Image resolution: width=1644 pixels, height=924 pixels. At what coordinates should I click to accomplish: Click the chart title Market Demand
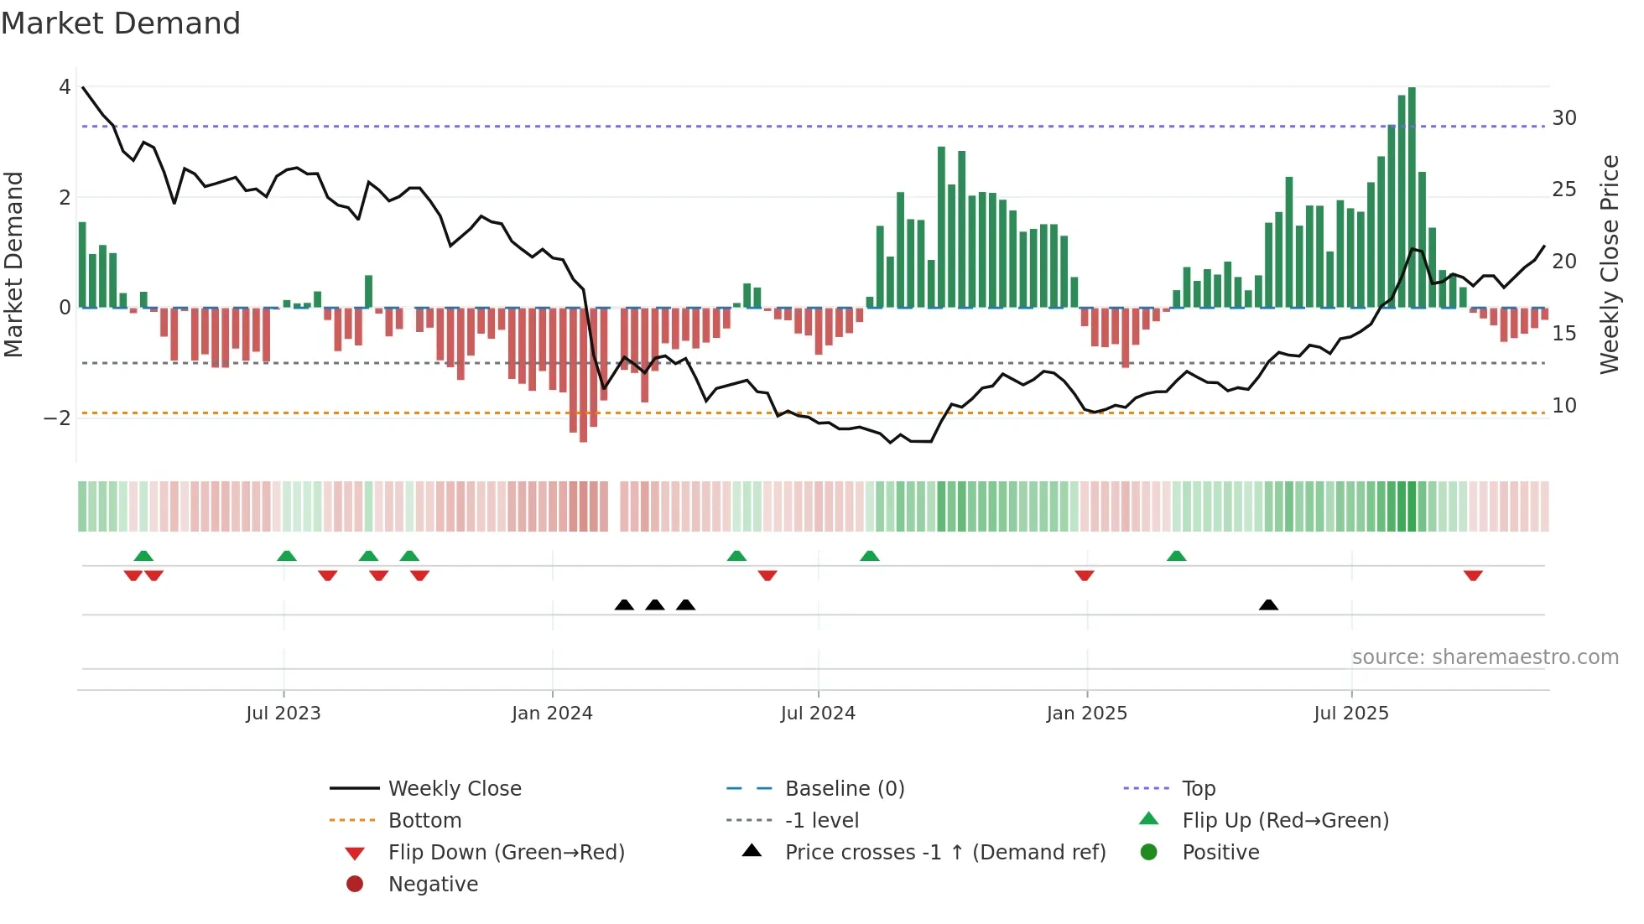coord(121,23)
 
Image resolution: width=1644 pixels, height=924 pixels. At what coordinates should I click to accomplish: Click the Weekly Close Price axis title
coord(1609,264)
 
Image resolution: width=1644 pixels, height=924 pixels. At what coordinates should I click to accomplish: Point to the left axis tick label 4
coord(65,87)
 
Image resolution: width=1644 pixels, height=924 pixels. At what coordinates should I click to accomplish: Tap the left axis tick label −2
coord(58,418)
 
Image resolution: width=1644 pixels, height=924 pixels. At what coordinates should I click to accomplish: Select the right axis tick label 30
coord(1563,118)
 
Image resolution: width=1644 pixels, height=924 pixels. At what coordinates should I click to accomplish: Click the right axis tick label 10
coord(1563,406)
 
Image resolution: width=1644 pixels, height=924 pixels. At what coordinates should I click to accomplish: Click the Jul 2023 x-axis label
coord(284,714)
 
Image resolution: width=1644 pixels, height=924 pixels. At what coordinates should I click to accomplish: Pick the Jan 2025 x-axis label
coord(1087,714)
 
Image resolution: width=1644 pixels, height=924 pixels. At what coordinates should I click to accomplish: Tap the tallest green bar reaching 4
coord(1412,197)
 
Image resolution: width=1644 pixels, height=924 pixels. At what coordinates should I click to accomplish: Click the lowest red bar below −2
coord(583,375)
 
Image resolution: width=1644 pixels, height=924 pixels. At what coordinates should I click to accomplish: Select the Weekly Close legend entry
coord(454,789)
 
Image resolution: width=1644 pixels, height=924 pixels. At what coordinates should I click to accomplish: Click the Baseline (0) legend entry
coord(844,789)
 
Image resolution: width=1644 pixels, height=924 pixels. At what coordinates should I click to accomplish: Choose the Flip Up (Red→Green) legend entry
coord(1285,821)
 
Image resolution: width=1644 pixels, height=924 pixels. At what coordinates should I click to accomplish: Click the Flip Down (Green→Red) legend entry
coord(506,853)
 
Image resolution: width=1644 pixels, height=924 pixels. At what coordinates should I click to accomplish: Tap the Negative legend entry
coord(433,885)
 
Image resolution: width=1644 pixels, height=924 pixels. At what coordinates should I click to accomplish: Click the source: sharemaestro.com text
coord(1485,657)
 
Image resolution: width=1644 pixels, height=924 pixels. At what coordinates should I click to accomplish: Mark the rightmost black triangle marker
coord(1268,605)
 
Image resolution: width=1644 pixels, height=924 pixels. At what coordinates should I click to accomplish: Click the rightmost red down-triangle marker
coord(1473,575)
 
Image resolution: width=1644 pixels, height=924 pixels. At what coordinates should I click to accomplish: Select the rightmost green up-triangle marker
coord(1176,556)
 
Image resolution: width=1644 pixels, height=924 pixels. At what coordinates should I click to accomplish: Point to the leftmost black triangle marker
coord(624,605)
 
